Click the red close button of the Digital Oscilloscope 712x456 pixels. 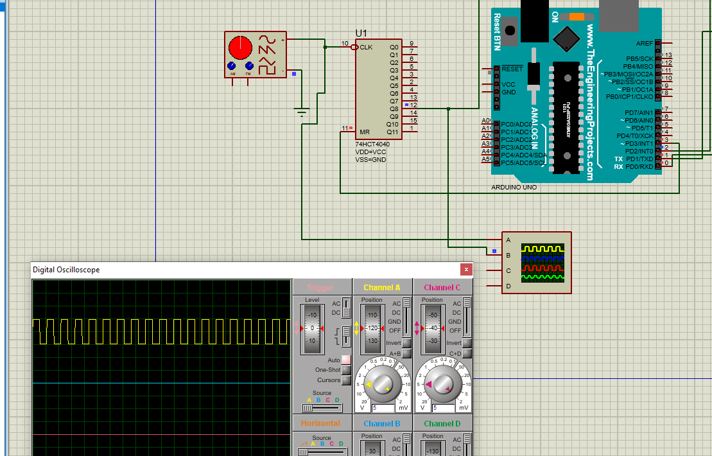tap(466, 270)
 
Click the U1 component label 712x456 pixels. tap(361, 33)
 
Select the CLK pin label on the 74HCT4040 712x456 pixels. tap(366, 47)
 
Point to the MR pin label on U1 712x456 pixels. tap(364, 132)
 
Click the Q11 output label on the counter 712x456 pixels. tap(393, 132)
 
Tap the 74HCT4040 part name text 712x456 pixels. tap(372, 144)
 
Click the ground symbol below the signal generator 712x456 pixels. tap(302, 114)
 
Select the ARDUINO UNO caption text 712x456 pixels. tap(514, 188)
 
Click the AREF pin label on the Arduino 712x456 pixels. tap(644, 43)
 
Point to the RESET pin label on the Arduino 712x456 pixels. tap(512, 69)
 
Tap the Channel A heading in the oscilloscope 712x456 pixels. tap(381, 287)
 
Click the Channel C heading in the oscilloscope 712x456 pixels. tap(442, 287)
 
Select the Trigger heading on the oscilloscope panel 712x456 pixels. tap(320, 288)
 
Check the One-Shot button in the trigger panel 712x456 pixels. tap(346, 370)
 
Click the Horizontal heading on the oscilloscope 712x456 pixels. tap(320, 423)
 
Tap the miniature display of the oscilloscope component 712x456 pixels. tap(543, 263)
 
